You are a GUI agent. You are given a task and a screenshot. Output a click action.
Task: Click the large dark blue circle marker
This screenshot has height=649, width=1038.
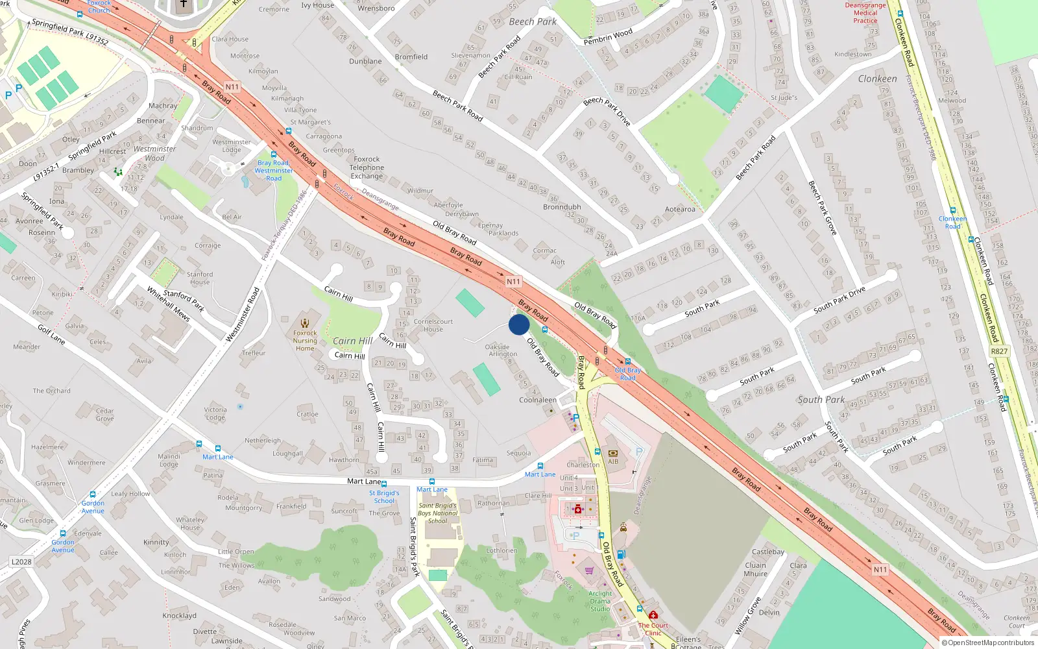pos(519,324)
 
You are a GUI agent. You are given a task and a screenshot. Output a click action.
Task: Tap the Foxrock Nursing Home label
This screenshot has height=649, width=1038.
pos(305,340)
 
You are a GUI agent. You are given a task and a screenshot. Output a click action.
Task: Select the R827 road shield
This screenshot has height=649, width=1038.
pos(999,351)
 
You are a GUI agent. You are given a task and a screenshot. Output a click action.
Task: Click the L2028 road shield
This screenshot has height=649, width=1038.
pos(21,561)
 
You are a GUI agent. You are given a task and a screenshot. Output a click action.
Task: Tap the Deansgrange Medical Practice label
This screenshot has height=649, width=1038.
pos(865,13)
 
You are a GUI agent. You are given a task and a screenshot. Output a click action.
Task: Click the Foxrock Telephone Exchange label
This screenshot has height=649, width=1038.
pos(367,167)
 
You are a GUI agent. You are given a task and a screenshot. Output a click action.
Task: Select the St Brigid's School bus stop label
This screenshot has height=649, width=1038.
pos(384,497)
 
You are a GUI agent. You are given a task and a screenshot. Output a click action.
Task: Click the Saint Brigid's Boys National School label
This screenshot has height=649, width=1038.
pos(437,513)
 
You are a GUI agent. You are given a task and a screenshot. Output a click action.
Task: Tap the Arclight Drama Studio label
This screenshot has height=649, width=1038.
pos(600,601)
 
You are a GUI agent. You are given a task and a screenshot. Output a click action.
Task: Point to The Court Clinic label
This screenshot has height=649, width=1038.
pos(653,629)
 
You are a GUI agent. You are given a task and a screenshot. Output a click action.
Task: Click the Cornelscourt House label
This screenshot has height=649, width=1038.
pos(433,325)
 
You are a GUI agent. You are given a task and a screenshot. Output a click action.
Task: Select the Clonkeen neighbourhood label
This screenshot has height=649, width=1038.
pos(877,79)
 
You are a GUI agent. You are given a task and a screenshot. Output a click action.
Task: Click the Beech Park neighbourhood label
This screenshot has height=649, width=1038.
pos(533,21)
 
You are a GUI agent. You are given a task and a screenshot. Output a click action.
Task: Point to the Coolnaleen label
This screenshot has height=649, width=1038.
pos(538,400)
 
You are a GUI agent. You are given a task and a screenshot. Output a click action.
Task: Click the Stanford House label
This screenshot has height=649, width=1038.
pos(200,278)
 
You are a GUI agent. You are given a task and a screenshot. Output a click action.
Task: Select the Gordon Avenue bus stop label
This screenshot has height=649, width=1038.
pos(93,507)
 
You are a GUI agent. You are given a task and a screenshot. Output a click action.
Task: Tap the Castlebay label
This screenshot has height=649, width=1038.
pos(768,552)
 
